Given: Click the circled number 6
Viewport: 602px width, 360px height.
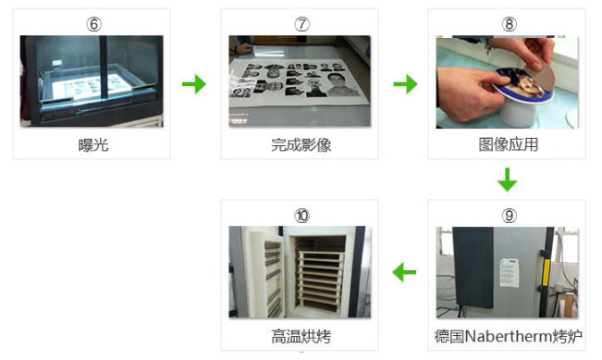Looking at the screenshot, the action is coord(93,24).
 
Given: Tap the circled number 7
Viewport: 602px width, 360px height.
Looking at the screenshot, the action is coord(301,24).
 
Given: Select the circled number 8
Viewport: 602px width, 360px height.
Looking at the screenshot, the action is coord(510,24).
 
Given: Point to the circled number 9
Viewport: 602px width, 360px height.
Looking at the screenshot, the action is coord(510,216).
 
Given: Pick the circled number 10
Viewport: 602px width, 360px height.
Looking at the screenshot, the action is coord(301,216).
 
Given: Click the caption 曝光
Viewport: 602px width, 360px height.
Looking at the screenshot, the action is coord(93,145).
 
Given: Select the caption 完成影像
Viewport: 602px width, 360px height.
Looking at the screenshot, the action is coord(301,145).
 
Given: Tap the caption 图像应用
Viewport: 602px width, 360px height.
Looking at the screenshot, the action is coord(509,144).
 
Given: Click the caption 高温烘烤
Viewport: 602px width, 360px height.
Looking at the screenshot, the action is coord(301,336).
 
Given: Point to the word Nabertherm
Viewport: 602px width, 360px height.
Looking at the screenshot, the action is coord(509,336).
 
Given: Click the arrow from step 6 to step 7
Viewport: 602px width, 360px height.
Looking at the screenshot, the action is coord(194,84).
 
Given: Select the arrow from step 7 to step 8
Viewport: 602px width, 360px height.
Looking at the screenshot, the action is coord(405,84).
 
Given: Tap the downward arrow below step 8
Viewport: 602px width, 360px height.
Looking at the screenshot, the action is coord(508,180).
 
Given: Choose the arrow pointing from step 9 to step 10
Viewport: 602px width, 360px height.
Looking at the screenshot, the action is coord(404,272).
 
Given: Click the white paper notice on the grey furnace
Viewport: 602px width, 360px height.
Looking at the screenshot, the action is coord(510,273).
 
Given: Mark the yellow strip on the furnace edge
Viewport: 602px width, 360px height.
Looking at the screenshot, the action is coord(547,273).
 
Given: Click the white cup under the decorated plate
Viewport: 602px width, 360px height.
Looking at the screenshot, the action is coord(518,112).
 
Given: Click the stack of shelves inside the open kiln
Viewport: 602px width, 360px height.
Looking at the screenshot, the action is coord(320,279).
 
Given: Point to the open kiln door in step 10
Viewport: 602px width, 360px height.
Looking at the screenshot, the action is coord(266,272).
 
